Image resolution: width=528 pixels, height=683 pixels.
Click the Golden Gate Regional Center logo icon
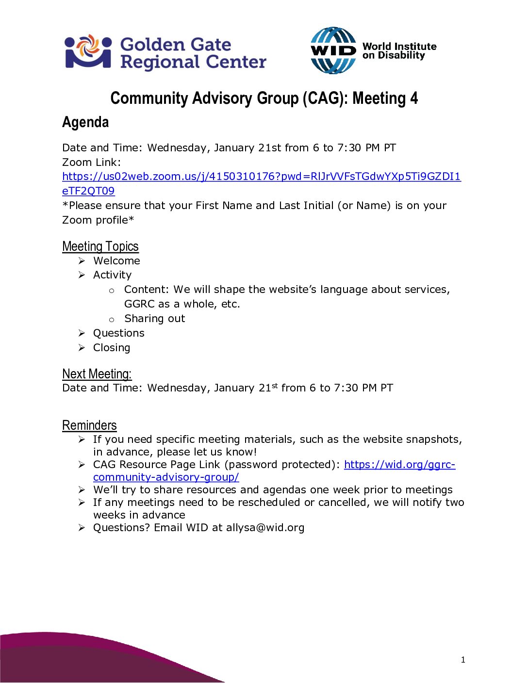coord(88,51)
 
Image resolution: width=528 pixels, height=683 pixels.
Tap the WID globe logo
coord(333,50)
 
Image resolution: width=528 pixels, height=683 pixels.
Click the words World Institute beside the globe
coord(399,47)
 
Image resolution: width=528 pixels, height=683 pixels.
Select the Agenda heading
coord(85,122)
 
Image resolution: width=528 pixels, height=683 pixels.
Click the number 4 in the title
coord(413,98)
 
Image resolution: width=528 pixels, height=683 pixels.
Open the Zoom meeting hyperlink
coord(261,177)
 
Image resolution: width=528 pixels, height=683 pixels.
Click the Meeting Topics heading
coord(100,246)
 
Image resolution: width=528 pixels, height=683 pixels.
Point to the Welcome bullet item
coord(116,261)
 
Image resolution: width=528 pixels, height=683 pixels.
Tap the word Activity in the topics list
coord(112,275)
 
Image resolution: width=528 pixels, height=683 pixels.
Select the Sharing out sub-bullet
coord(154,319)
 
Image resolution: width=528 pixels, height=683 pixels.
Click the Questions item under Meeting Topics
coord(118,333)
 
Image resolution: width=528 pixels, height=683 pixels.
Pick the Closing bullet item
coord(112,348)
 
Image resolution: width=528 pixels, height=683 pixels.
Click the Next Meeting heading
coord(97,374)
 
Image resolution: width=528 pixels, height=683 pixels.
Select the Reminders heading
coord(89,425)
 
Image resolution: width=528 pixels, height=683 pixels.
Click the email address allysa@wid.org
coord(265,528)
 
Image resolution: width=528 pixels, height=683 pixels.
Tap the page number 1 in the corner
coord(463,660)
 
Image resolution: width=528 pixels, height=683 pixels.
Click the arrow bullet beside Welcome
coord(82,261)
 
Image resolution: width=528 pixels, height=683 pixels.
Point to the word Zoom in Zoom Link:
coord(77,163)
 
